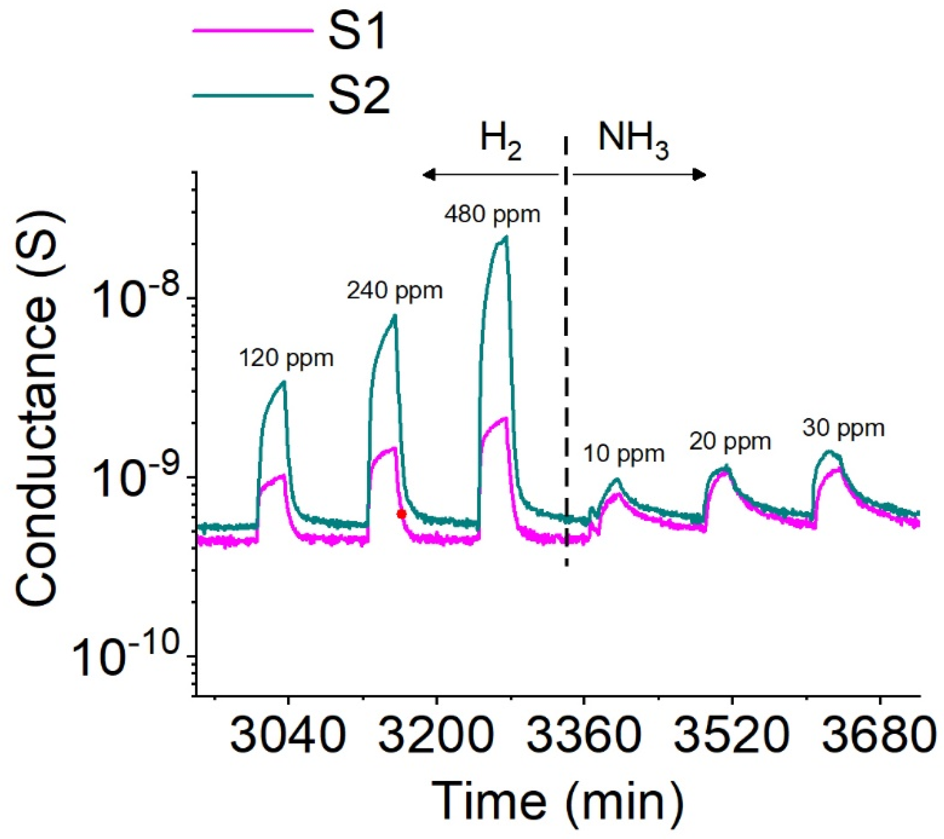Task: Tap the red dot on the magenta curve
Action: click(401, 514)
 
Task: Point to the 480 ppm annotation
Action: click(492, 214)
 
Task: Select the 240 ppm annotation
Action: click(394, 291)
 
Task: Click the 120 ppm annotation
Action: click(286, 358)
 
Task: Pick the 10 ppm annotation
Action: click(624, 454)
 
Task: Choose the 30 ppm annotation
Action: click(843, 428)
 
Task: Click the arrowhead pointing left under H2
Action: click(428, 175)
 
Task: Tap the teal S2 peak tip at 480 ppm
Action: click(507, 237)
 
